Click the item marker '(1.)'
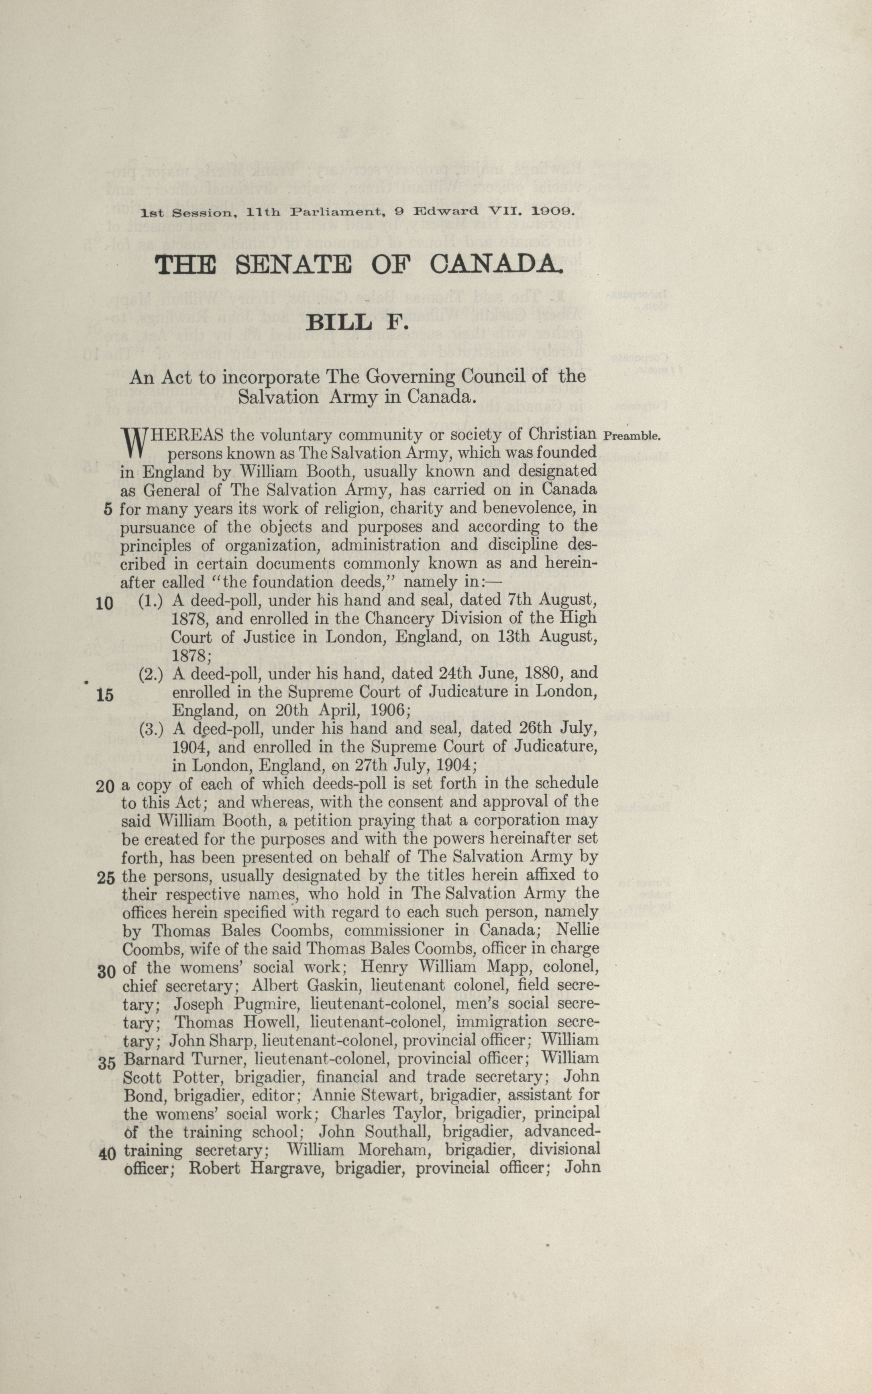click(151, 600)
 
